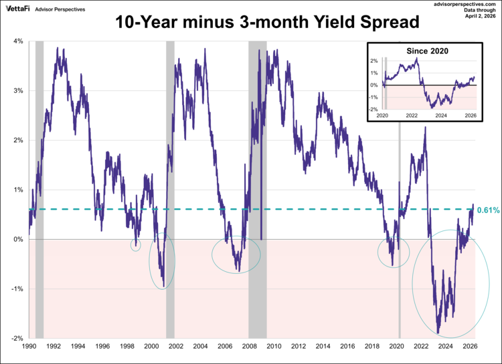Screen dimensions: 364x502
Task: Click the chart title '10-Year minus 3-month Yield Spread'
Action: (266, 22)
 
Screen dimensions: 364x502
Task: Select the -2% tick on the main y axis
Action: (17, 339)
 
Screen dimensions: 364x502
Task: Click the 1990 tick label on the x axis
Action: (29, 347)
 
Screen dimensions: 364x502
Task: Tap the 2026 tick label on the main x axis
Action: (470, 347)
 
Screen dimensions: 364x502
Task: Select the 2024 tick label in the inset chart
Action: (440, 115)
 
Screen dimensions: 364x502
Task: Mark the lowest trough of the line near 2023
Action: (438, 333)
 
